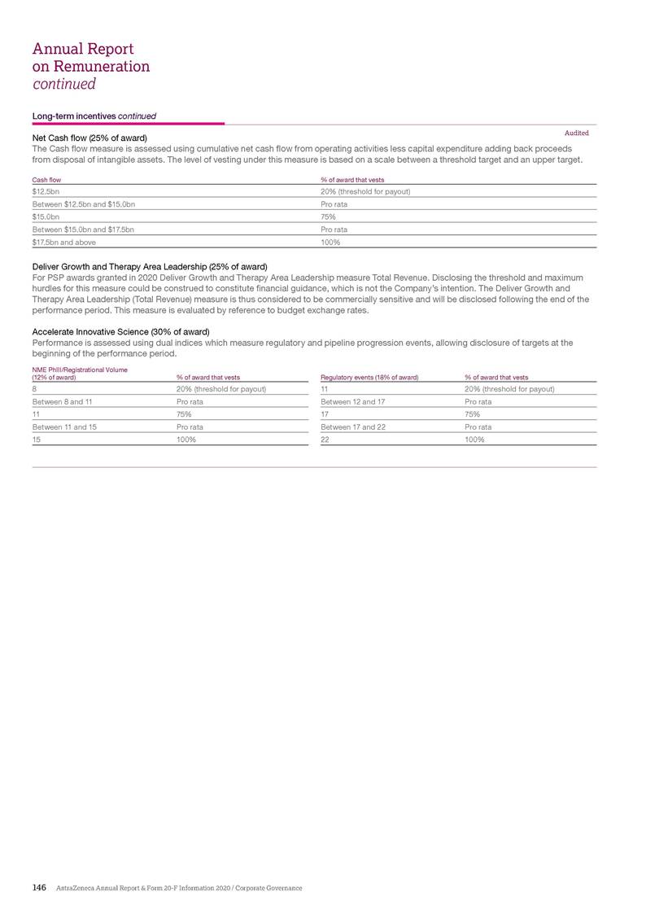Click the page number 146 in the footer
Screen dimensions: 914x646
39,887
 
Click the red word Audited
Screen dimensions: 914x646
576,133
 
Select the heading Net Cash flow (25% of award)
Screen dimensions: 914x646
89,138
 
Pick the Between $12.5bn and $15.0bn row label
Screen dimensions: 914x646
83,204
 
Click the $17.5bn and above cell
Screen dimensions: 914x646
63,243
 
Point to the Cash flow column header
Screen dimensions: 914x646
46,179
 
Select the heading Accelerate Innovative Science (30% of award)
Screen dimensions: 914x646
120,331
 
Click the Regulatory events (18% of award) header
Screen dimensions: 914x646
369,377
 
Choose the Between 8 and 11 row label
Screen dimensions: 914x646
62,401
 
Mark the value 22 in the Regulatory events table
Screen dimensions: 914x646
325,440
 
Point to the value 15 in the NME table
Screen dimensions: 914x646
36,440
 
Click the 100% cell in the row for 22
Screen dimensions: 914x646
474,440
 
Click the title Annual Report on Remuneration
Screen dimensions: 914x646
91,57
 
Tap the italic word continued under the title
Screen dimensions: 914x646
64,84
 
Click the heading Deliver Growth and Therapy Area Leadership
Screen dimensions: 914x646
150,267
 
